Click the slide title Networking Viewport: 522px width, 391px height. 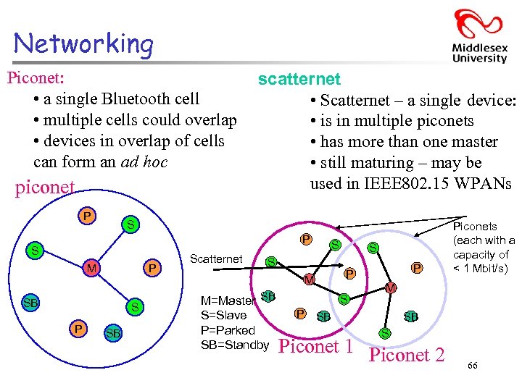click(x=83, y=43)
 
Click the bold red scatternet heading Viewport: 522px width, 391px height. click(x=299, y=79)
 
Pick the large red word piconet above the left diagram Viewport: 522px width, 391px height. click(x=45, y=188)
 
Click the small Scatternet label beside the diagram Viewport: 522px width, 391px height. click(x=215, y=258)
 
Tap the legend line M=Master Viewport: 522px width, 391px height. click(x=228, y=300)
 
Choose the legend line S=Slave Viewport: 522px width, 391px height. click(x=223, y=315)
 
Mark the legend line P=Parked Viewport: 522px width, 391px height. click(x=228, y=329)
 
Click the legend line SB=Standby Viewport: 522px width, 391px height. click(x=234, y=345)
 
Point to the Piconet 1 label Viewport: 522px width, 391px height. click(x=316, y=347)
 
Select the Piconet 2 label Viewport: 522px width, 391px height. click(x=407, y=356)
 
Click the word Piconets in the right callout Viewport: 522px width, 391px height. click(x=475, y=227)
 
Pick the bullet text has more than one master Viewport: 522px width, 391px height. click(x=409, y=142)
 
